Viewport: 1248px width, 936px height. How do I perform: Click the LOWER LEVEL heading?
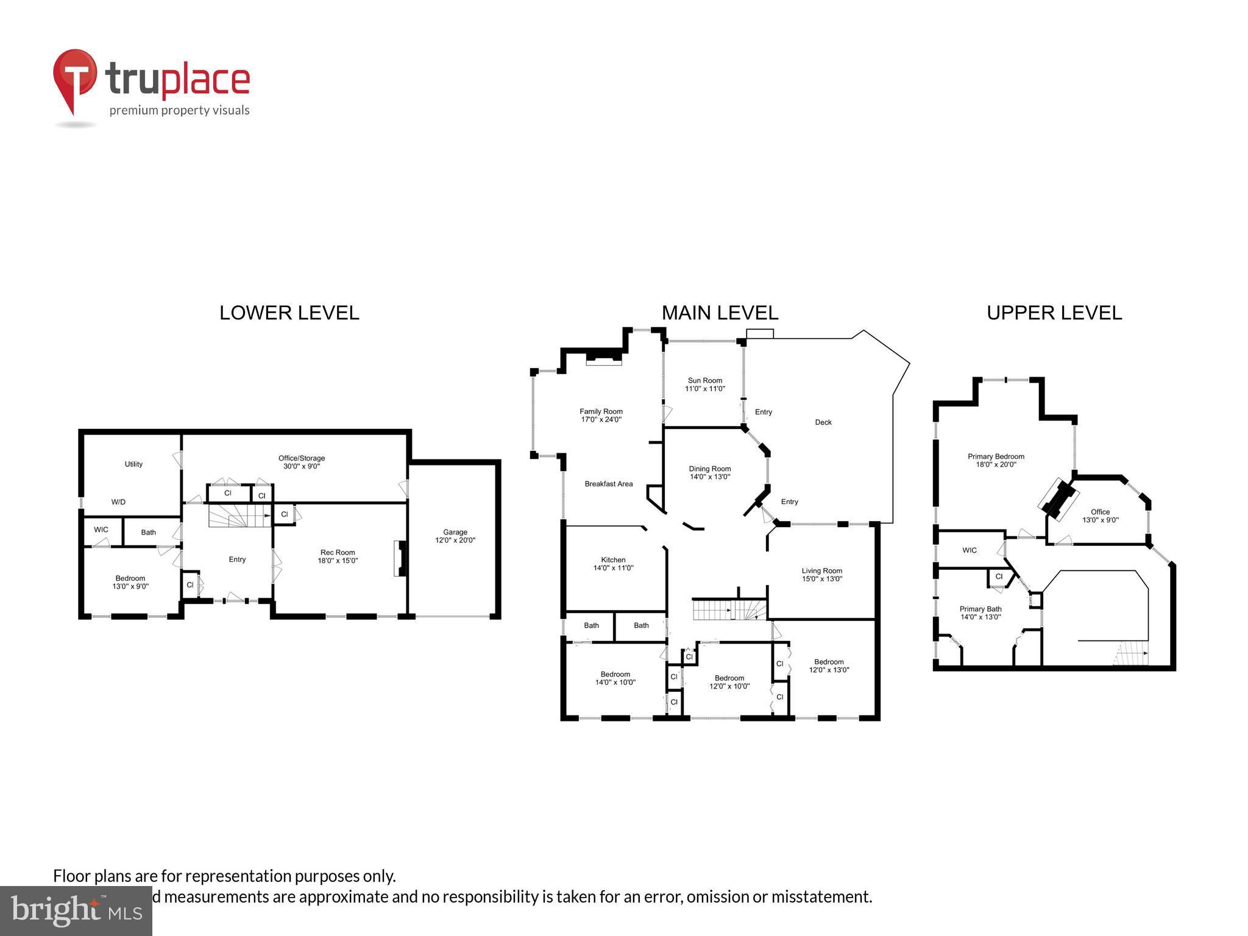(289, 313)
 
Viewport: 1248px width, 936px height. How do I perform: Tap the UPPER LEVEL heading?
(1054, 313)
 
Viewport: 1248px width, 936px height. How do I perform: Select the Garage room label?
(455, 536)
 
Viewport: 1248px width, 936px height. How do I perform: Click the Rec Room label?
(338, 556)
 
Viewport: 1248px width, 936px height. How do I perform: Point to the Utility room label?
(133, 464)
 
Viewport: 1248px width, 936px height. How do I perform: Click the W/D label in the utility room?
(118, 502)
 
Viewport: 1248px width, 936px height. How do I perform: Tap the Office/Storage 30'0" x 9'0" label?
(302, 462)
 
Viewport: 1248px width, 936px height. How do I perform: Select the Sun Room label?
(704, 384)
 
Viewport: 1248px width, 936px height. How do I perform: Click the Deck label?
(823, 422)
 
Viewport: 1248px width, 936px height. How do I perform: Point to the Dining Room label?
(709, 473)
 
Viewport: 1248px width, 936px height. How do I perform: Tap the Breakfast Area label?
(608, 484)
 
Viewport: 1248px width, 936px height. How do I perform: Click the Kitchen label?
(613, 564)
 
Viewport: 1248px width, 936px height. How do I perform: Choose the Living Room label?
(821, 575)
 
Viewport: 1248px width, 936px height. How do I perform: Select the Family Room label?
(601, 415)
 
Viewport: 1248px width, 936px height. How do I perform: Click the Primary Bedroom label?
(996, 460)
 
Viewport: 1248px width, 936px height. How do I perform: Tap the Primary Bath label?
(980, 612)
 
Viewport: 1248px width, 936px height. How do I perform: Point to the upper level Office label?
(1100, 516)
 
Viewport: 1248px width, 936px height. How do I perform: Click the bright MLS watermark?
(76, 911)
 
